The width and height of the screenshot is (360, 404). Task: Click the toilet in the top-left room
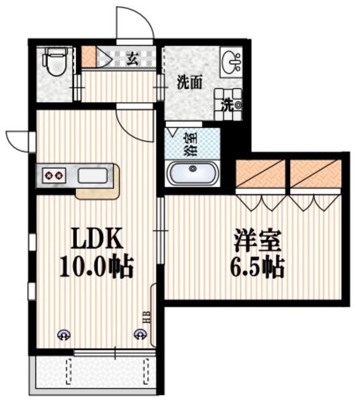(x=55, y=63)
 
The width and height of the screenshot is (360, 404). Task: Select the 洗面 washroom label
(x=189, y=81)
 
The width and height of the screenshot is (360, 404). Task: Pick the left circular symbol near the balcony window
(x=64, y=336)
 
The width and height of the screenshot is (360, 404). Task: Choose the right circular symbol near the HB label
(x=139, y=335)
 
